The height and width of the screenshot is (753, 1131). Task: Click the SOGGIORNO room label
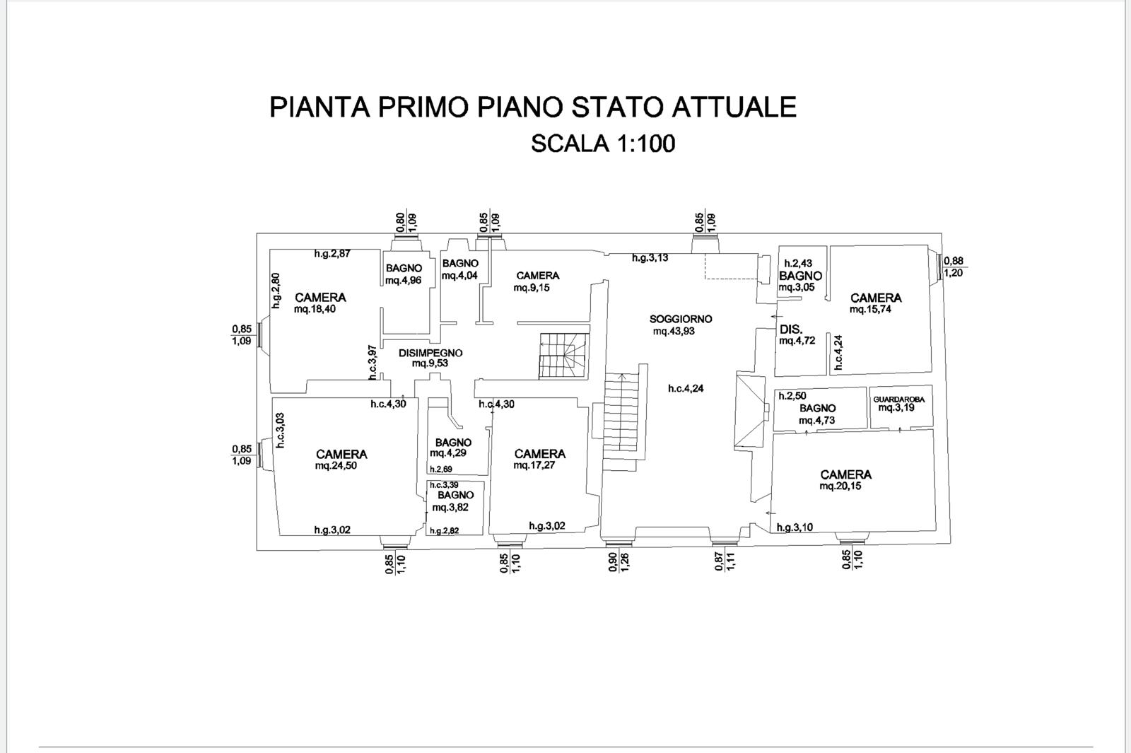coord(681,319)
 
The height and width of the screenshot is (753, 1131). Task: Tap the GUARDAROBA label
coord(898,399)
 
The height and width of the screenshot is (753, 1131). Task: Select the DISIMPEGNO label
coord(430,353)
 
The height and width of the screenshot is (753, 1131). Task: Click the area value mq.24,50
coord(336,466)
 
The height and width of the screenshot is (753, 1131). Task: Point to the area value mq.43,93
coord(674,332)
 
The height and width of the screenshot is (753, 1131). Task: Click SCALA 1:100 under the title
coord(603,144)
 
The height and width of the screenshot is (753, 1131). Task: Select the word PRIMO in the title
coord(423,107)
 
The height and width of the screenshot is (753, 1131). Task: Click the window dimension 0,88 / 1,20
coord(954,267)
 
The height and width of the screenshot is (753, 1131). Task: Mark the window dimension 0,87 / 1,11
coord(725,561)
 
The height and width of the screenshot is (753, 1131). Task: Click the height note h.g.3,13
coord(650,258)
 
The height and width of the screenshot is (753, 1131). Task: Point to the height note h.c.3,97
coord(373,363)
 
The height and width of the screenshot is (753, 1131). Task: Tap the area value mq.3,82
coord(450,507)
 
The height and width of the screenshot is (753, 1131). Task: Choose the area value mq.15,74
coord(870,310)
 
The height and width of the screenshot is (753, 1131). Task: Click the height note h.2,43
coord(798,264)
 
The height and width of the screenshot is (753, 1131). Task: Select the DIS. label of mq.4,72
coord(791,329)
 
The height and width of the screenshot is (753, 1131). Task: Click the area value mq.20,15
coord(840,486)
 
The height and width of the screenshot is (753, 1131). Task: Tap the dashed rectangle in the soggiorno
coord(730,266)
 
